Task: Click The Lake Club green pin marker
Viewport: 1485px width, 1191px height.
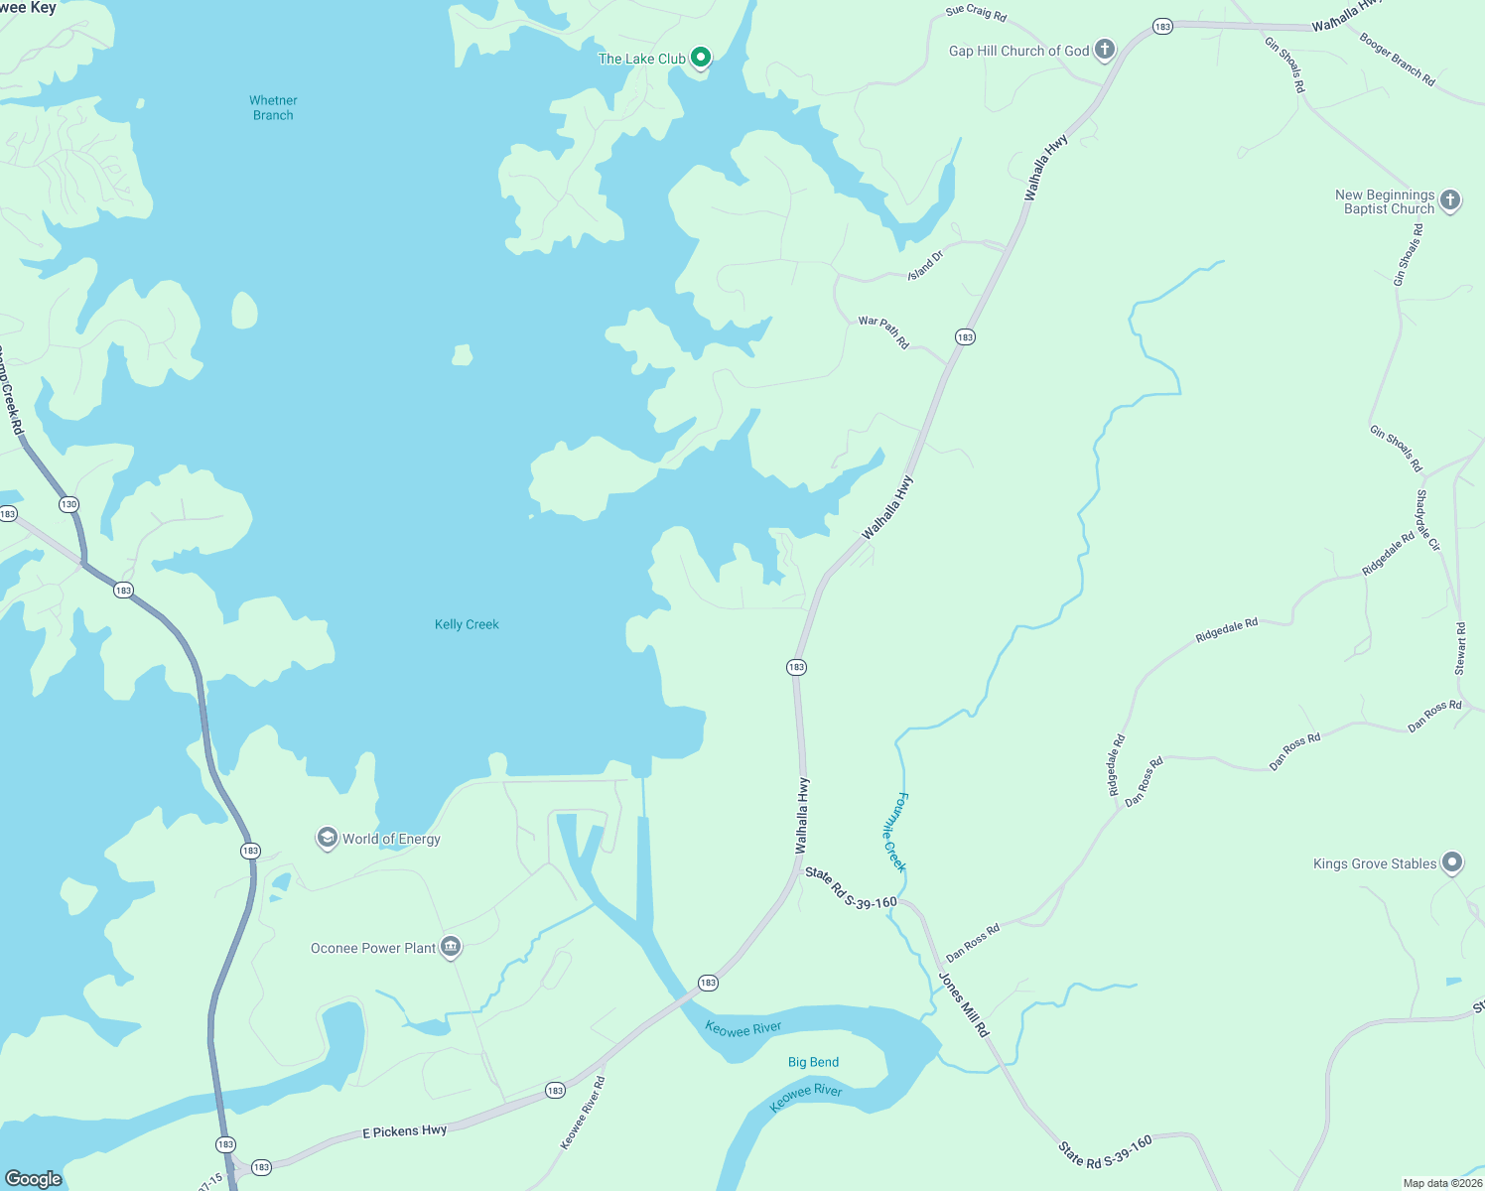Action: [701, 58]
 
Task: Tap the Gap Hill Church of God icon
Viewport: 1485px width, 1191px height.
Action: [1105, 51]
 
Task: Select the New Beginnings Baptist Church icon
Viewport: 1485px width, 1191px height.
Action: [1450, 200]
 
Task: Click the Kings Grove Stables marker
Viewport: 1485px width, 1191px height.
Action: [1452, 862]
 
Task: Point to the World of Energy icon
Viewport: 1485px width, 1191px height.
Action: [327, 839]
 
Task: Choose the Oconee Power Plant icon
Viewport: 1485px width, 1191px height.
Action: [451, 948]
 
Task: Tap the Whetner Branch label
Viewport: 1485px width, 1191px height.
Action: [273, 107]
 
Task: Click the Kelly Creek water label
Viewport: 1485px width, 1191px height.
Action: [467, 624]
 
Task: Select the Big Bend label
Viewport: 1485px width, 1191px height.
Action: [813, 1062]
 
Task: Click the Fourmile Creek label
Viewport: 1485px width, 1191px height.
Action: [895, 832]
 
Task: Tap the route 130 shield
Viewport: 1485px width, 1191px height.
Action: [68, 504]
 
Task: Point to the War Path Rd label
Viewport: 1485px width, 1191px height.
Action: [883, 332]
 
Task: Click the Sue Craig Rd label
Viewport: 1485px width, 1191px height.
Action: [976, 14]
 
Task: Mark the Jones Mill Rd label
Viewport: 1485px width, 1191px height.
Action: [964, 1004]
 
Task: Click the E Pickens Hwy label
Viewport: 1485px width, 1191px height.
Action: [404, 1131]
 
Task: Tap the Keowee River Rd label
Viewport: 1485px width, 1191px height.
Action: [583, 1113]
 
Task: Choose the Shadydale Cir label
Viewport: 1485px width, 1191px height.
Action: [1427, 520]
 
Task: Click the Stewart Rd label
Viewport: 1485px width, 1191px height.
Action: [1460, 649]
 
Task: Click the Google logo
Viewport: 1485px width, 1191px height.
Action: [34, 1179]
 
